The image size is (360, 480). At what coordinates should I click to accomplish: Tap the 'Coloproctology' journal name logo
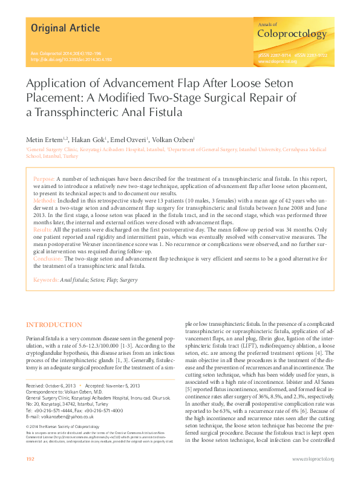pyautogui.click(x=292, y=34)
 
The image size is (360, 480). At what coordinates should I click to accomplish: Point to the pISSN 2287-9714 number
pyautogui.click(x=275, y=55)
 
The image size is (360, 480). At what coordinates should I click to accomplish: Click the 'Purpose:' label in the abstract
pyautogui.click(x=44, y=180)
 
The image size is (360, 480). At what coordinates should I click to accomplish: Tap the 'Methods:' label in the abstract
pyautogui.click(x=45, y=198)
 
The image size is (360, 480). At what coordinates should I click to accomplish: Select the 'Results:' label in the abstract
pyautogui.click(x=43, y=230)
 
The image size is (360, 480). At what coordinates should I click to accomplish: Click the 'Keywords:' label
pyautogui.click(x=46, y=280)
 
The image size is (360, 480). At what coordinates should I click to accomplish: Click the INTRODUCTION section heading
pyautogui.click(x=54, y=325)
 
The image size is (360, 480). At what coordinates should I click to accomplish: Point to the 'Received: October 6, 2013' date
pyautogui.click(x=51, y=385)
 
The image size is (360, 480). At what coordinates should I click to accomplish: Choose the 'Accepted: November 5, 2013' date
pyautogui.click(x=113, y=385)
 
